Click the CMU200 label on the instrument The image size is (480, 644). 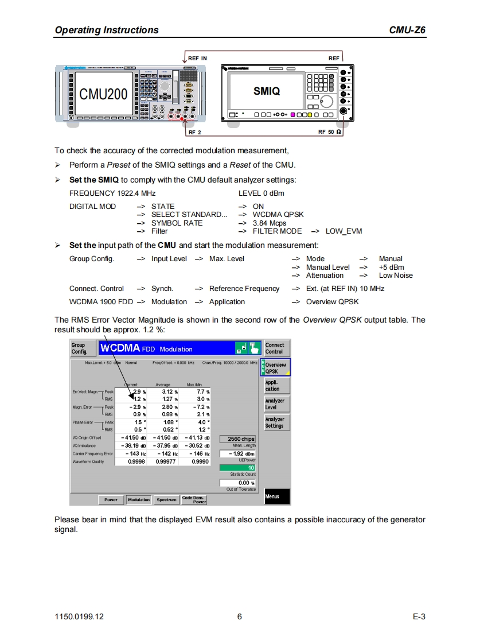pos(103,94)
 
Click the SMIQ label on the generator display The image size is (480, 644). pos(267,91)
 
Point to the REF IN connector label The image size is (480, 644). pos(197,58)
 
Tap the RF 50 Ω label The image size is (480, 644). pos(330,132)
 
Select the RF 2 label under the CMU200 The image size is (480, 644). pos(195,132)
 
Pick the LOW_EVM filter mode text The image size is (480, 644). pos(344,231)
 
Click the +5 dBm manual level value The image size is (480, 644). pos(391,267)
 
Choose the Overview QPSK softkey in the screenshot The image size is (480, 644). pos(276,368)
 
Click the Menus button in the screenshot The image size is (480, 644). pos(275,496)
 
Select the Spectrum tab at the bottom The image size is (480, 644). pos(166,500)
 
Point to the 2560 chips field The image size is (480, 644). pos(237,439)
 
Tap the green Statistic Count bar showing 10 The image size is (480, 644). pos(237,467)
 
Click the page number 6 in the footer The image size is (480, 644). pos(239,617)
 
